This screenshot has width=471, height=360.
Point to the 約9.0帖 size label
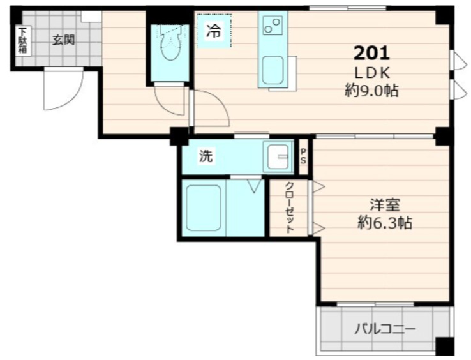point(371,91)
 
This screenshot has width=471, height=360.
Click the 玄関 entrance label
point(63,40)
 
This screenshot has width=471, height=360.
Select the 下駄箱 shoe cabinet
point(22,40)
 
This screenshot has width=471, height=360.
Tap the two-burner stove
point(273,26)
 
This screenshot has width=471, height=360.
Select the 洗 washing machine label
point(206,156)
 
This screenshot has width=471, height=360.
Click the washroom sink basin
point(279,157)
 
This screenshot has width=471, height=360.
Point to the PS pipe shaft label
point(303,156)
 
